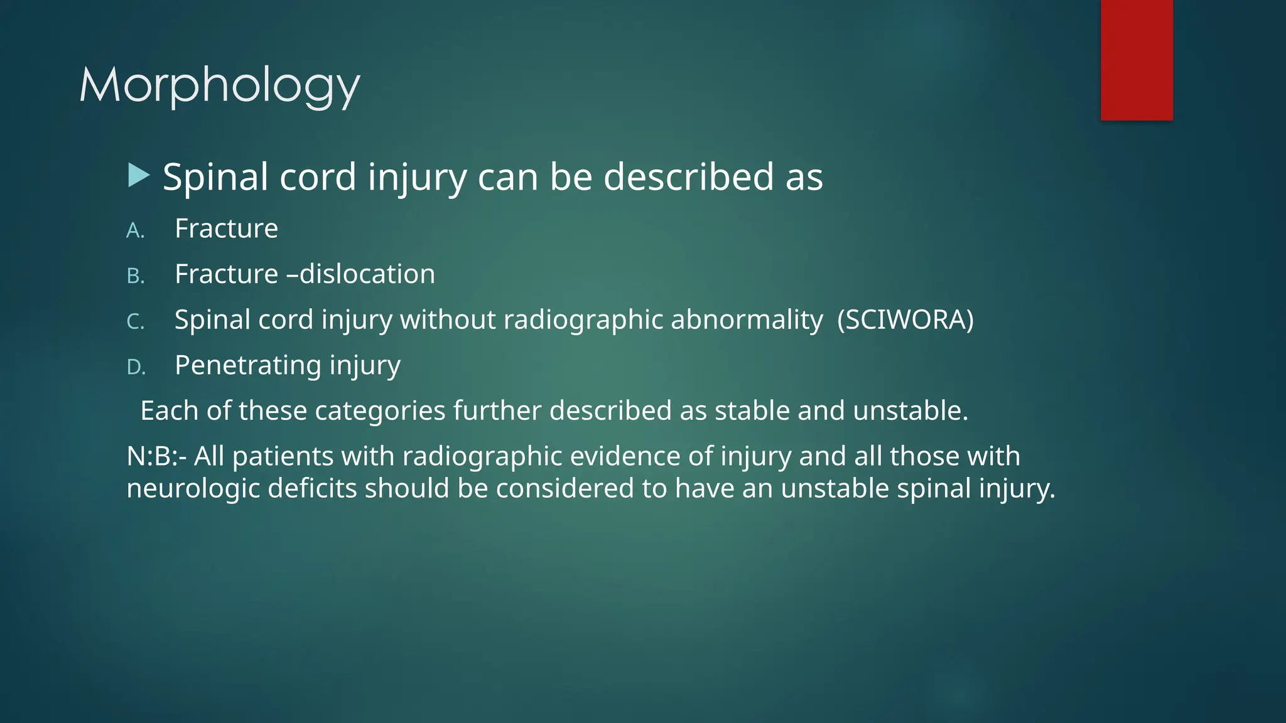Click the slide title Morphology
[x=219, y=85]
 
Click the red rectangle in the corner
[x=1137, y=60]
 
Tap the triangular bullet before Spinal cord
[x=138, y=176]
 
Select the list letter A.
[x=135, y=231]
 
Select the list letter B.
[x=136, y=276]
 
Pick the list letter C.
[x=136, y=322]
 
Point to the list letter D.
[x=136, y=368]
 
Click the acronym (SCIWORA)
[x=905, y=320]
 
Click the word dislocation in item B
[x=367, y=274]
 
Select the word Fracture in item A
[x=226, y=228]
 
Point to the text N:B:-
[x=156, y=456]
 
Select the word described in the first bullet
[x=689, y=177]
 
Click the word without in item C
[x=448, y=320]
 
